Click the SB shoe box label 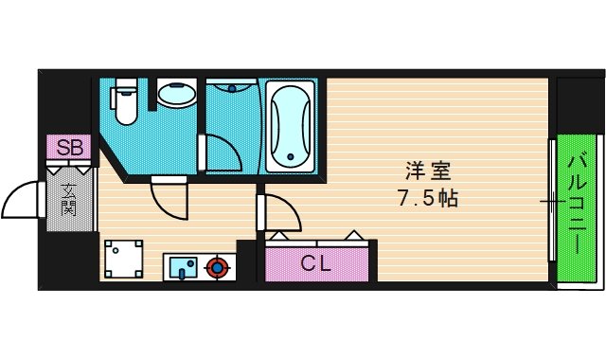pyautogui.click(x=69, y=148)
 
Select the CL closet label pyautogui.click(x=316, y=264)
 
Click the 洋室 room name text pyautogui.click(x=428, y=173)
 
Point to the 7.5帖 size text pyautogui.click(x=428, y=200)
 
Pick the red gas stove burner pyautogui.click(x=219, y=267)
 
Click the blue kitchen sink pyautogui.click(x=183, y=267)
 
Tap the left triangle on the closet pyautogui.click(x=280, y=234)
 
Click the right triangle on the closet pyautogui.click(x=352, y=234)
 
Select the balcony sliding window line pyautogui.click(x=552, y=201)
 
